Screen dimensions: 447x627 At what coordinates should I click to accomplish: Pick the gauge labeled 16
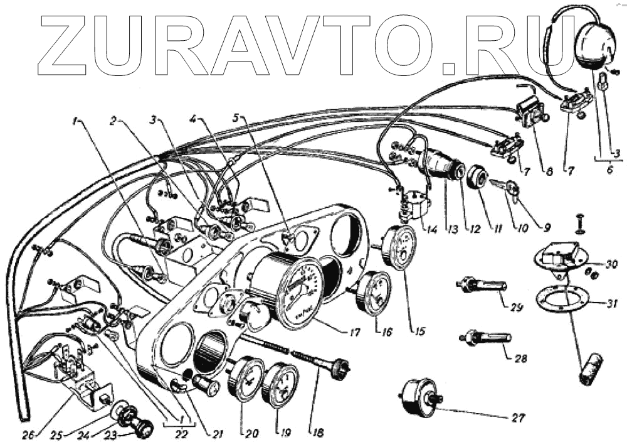375,292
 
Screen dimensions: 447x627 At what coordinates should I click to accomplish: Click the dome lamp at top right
594,44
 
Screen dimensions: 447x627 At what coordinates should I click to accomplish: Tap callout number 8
549,170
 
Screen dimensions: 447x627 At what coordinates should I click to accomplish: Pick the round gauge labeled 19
280,384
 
